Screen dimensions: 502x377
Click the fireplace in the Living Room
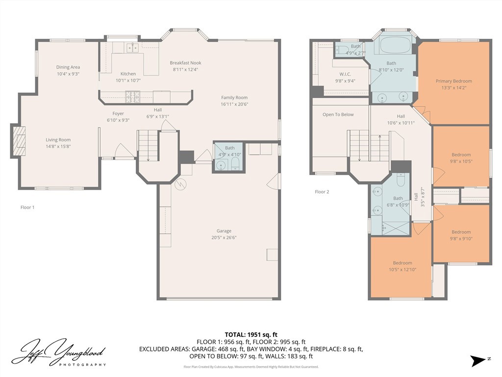19,141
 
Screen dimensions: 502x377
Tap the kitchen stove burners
132,97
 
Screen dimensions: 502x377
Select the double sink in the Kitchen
132,48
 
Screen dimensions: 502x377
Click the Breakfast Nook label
185,63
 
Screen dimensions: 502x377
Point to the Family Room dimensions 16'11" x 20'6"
234,104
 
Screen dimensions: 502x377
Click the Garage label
224,231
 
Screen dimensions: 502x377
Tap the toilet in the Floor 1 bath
235,163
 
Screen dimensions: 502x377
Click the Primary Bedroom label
453,81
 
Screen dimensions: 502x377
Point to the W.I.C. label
345,74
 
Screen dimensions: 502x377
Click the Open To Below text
338,114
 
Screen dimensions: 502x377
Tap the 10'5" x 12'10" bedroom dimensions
402,269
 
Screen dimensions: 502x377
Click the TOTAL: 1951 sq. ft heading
251,335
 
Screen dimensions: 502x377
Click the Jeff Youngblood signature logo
59,352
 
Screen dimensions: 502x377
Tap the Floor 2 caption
322,192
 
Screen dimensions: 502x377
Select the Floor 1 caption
27,208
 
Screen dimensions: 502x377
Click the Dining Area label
68,67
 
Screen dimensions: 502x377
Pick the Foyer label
118,113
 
